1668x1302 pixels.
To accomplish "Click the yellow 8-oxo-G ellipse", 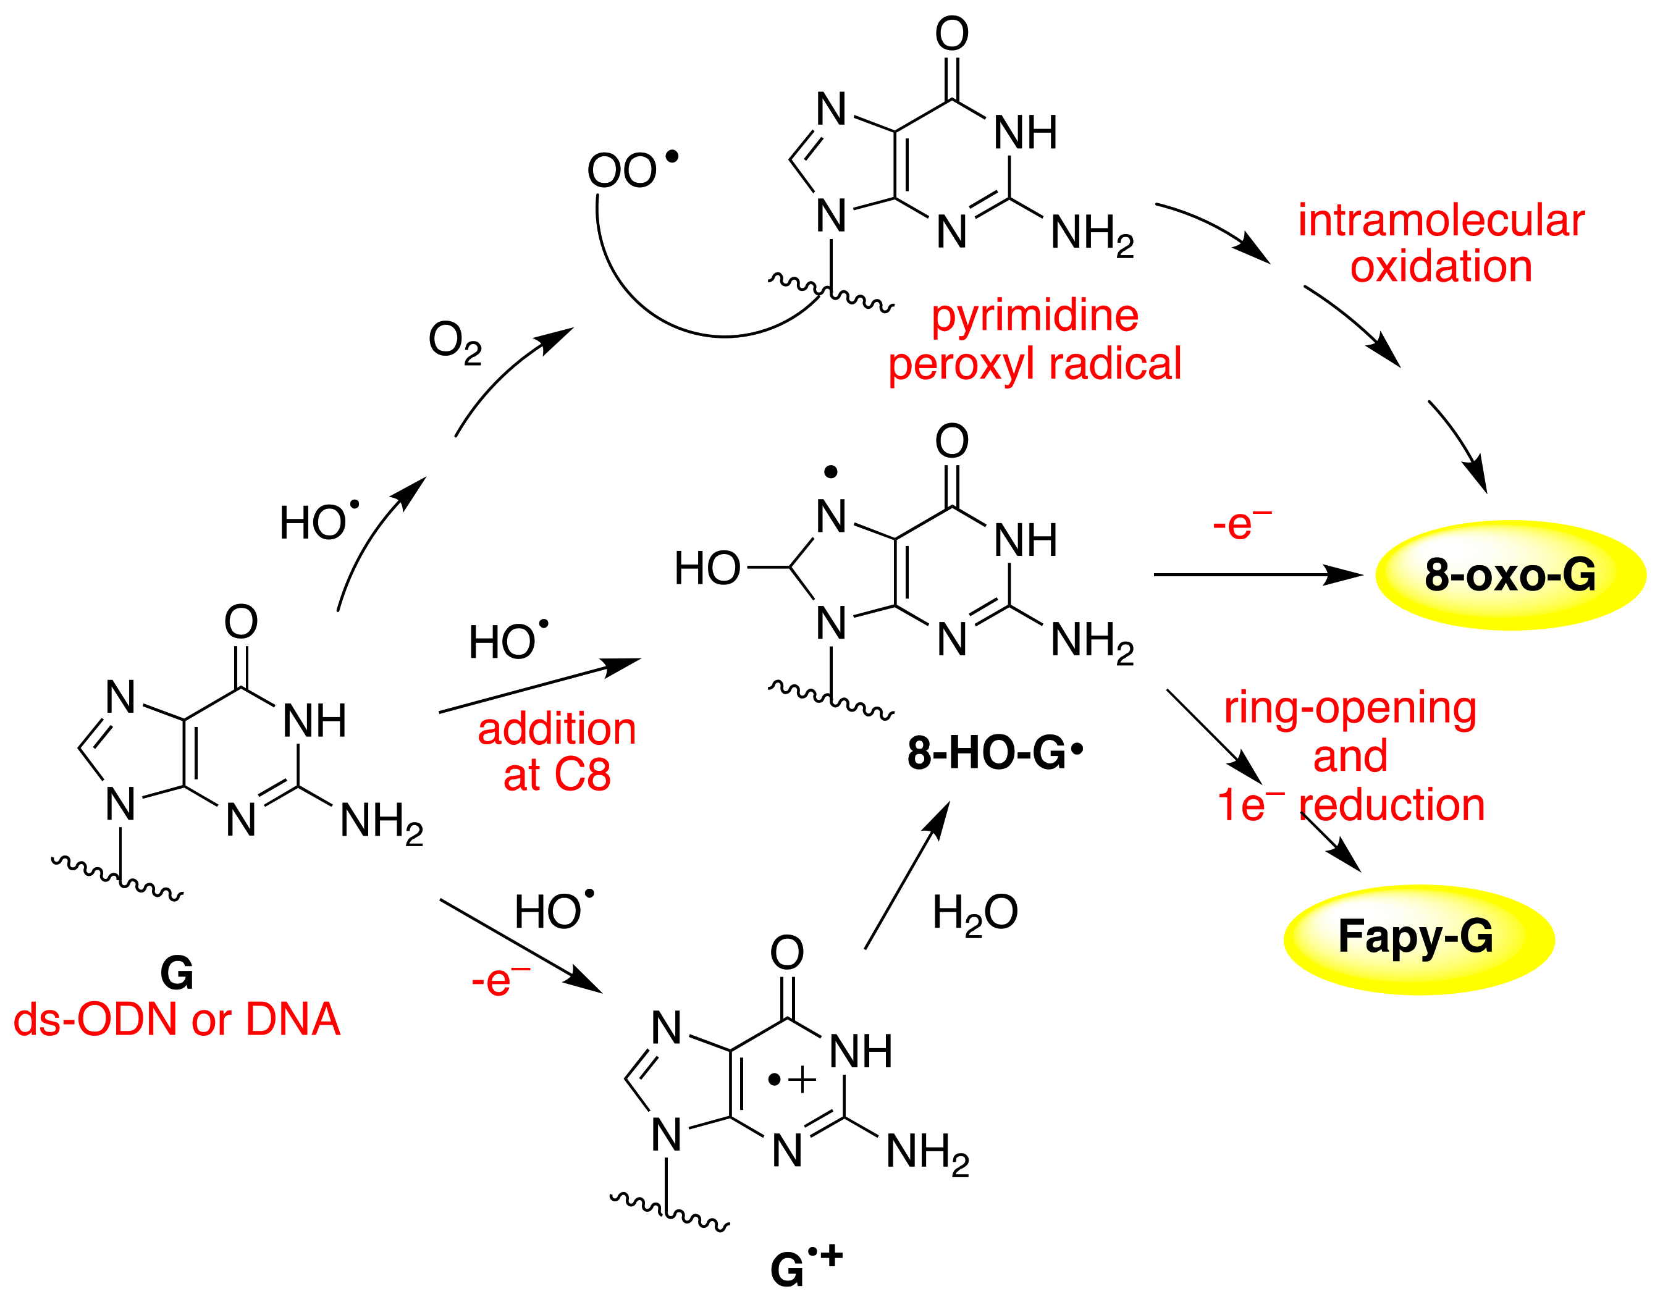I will click(x=1510, y=575).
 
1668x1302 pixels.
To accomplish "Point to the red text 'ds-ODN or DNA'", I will click(x=177, y=1020).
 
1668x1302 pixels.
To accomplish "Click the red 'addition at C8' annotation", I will click(x=557, y=752).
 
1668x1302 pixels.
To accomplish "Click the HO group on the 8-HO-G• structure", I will click(x=707, y=569).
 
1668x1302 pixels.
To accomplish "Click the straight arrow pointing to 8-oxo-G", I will click(x=1257, y=574).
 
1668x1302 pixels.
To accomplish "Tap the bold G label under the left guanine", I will click(x=177, y=973).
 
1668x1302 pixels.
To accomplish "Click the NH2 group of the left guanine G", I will click(x=381, y=823).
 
